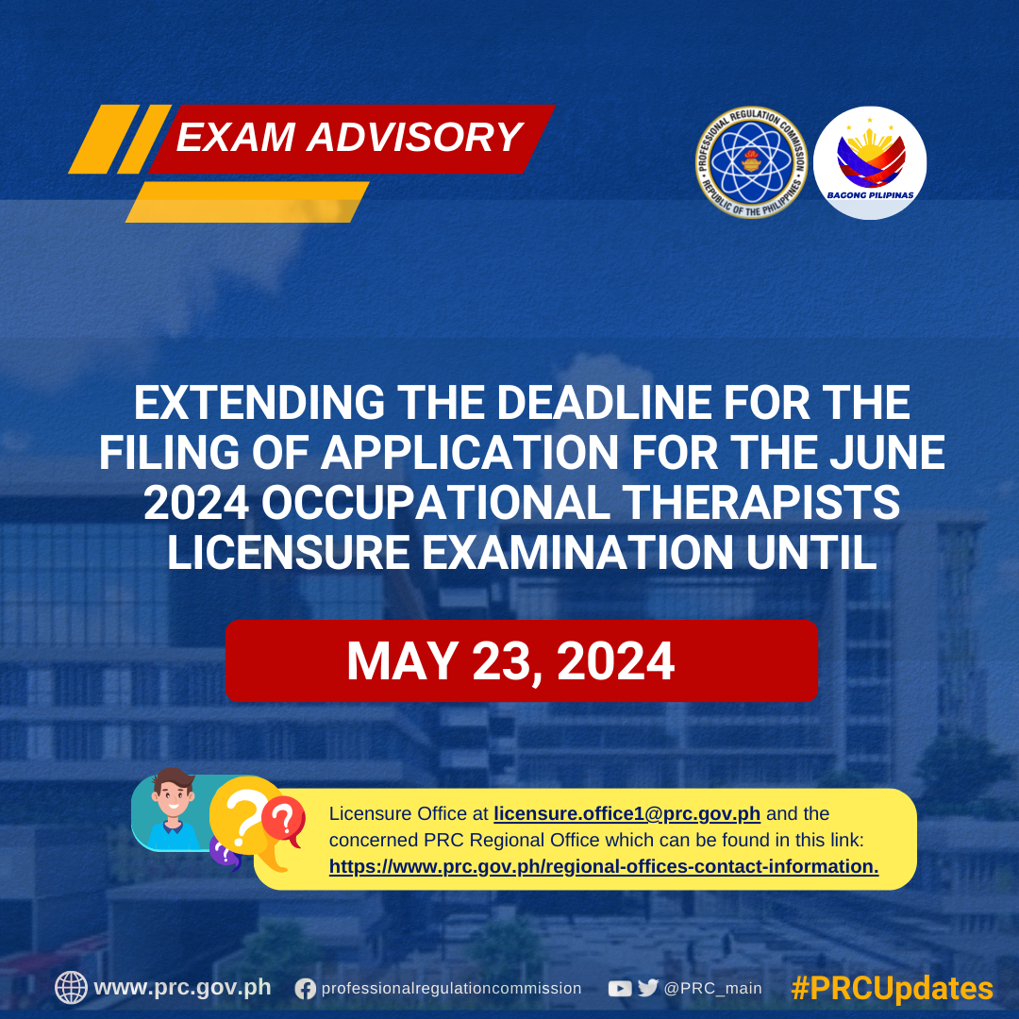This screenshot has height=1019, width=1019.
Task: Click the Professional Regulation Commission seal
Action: click(x=751, y=162)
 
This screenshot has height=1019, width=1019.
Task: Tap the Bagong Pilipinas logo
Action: click(x=870, y=162)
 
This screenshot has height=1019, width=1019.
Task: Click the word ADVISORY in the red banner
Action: click(x=414, y=137)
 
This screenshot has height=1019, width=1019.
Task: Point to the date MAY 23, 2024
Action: click(x=510, y=660)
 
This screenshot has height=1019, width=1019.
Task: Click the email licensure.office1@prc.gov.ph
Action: click(x=626, y=813)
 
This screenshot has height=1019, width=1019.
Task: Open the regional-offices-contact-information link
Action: click(x=604, y=866)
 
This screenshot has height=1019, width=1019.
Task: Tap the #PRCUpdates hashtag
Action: click(x=893, y=989)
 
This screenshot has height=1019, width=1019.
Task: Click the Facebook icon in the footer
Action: click(x=305, y=989)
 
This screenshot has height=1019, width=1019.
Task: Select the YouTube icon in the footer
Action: click(x=619, y=989)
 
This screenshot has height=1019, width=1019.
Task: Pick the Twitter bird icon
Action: click(x=648, y=988)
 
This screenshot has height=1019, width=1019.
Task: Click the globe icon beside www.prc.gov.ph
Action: click(x=71, y=988)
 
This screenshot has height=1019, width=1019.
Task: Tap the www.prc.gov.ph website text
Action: click(x=183, y=988)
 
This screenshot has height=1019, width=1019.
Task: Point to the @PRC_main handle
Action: click(x=713, y=989)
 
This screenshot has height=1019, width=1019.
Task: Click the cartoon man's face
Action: click(x=173, y=798)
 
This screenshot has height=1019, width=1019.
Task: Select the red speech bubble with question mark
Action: click(x=284, y=821)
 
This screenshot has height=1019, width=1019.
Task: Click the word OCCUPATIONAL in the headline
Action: click(x=435, y=503)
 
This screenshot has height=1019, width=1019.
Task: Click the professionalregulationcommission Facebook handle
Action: click(x=452, y=989)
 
